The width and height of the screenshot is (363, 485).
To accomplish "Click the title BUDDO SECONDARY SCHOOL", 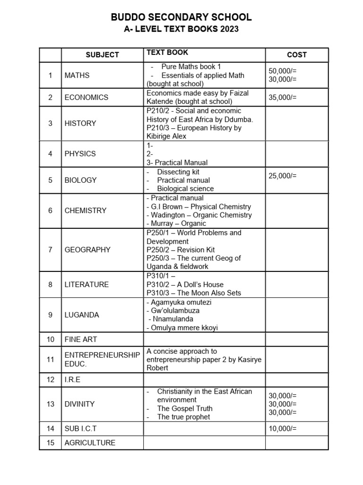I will (181, 18).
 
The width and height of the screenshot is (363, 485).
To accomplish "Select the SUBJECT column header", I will (102, 54).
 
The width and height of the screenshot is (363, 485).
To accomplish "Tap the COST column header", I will (296, 54).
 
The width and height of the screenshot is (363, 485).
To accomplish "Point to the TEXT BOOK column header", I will (167, 53).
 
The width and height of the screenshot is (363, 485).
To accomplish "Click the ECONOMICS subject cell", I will (86, 97).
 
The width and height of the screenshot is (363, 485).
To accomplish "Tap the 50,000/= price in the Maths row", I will (283, 71).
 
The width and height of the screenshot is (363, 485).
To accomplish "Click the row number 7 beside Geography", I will (50, 250).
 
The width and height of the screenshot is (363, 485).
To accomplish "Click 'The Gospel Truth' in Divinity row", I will (185, 408).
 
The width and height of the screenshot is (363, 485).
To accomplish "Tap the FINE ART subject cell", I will (81, 339).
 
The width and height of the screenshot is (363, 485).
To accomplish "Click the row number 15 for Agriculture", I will (50, 443).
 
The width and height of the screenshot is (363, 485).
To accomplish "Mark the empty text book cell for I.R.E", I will (204, 380).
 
